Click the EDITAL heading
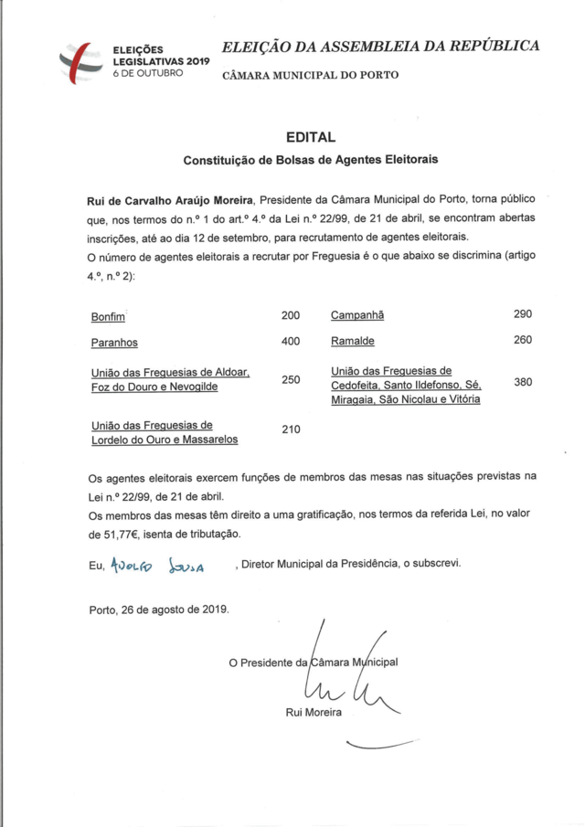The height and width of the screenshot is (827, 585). point(311,138)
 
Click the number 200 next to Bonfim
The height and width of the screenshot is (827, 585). point(291,315)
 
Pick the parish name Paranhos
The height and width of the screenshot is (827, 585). point(114,343)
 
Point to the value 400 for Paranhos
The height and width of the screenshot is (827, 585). point(291,342)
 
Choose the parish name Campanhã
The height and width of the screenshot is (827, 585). point(357,315)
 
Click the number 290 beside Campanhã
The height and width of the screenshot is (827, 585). point(523,314)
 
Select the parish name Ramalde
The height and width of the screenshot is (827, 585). point(352,342)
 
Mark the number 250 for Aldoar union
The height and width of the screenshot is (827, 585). point(291,379)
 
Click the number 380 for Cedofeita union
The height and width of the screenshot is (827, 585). point(523,383)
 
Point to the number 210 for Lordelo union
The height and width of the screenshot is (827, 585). point(291,429)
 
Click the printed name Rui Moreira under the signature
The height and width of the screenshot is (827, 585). point(314,713)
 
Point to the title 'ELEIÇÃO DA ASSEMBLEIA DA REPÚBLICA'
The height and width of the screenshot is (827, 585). point(381,46)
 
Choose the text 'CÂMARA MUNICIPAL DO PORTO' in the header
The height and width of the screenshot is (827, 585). point(311,75)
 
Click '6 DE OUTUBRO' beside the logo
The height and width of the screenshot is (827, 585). point(146,69)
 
